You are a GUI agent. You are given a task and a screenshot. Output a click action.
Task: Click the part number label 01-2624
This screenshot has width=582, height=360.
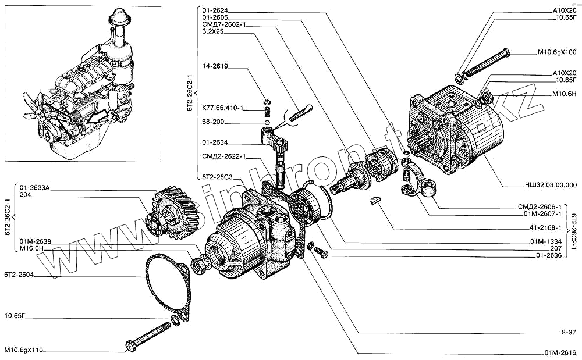[x=215, y=10]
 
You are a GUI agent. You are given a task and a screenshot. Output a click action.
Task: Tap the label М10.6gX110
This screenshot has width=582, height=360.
[x=24, y=351]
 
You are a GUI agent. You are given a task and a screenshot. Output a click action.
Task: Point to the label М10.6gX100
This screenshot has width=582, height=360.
[x=556, y=52]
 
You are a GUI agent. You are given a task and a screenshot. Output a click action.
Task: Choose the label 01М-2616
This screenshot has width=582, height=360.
[x=560, y=352]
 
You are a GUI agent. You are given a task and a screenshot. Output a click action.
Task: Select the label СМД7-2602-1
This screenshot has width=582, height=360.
[x=224, y=25]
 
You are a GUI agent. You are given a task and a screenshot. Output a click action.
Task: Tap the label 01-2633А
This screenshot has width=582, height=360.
[x=36, y=187]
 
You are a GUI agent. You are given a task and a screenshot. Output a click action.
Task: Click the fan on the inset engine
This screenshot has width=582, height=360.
[x=44, y=116]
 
